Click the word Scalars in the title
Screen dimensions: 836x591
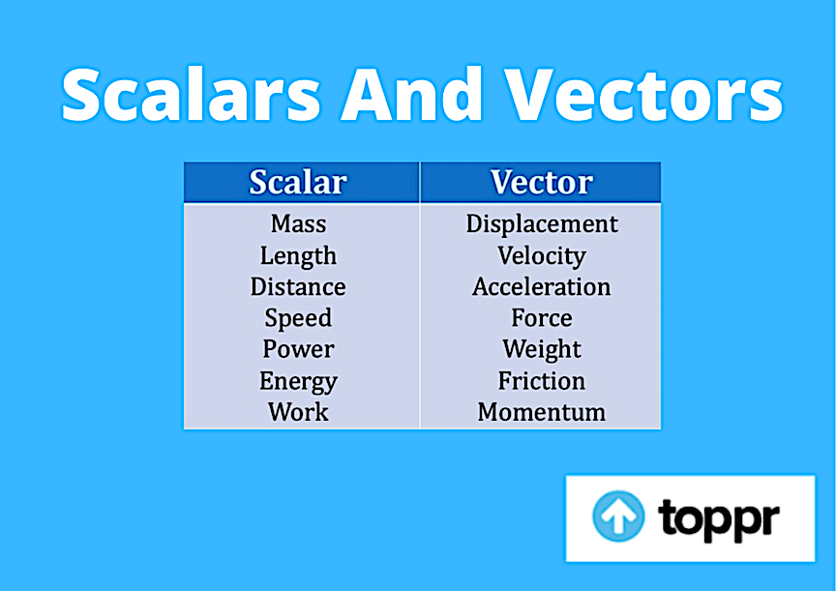pyautogui.click(x=191, y=95)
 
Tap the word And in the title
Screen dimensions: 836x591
pyautogui.click(x=412, y=94)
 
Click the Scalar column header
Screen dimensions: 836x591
pyautogui.click(x=298, y=182)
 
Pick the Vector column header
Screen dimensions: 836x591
pyautogui.click(x=541, y=182)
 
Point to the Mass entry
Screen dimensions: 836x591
pyautogui.click(x=299, y=223)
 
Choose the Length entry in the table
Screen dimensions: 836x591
pyautogui.click(x=298, y=256)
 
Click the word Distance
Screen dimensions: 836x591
pyautogui.click(x=298, y=286)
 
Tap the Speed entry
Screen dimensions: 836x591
pyautogui.click(x=298, y=318)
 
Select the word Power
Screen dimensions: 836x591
pyautogui.click(x=299, y=349)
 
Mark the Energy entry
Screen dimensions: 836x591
pyautogui.click(x=299, y=381)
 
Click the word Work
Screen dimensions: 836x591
pyautogui.click(x=298, y=412)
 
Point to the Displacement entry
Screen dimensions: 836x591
pyautogui.click(x=542, y=224)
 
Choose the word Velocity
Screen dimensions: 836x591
pyautogui.click(x=542, y=256)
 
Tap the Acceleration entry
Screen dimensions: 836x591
pyautogui.click(x=541, y=286)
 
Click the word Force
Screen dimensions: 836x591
pyautogui.click(x=542, y=317)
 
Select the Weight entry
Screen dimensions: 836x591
pyautogui.click(x=542, y=350)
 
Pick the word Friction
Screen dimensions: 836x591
pyautogui.click(x=542, y=380)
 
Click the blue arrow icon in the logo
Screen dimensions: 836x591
pyautogui.click(x=618, y=516)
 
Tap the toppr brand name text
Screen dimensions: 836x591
pyautogui.click(x=719, y=519)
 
